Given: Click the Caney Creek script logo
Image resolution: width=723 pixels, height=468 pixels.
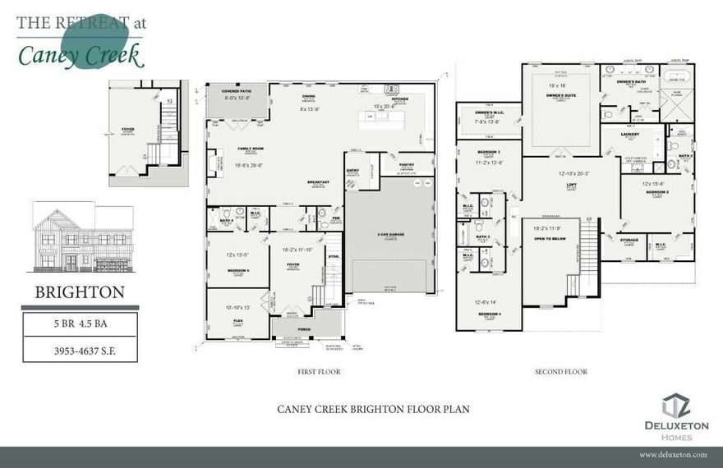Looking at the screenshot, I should click(81, 54).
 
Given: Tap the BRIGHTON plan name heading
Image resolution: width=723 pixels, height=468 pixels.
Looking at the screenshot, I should click(80, 292).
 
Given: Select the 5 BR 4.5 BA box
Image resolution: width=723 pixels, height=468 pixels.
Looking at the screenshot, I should click(80, 323).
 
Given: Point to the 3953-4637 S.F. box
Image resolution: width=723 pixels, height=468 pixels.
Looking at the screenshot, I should click(80, 350).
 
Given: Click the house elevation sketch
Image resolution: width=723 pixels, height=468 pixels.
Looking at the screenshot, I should click(82, 237).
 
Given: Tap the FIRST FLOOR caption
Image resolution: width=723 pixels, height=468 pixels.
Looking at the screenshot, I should click(319, 372).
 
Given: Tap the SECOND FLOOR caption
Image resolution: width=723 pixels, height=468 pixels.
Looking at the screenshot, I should click(561, 372).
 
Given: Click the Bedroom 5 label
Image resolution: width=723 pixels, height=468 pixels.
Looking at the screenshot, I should click(237, 270).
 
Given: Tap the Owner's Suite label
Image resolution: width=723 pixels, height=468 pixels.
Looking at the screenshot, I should click(560, 96).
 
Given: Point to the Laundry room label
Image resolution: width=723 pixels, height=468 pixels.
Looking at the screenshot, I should click(630, 133).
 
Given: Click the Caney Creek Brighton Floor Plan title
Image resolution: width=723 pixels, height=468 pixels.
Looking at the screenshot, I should click(373, 409).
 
